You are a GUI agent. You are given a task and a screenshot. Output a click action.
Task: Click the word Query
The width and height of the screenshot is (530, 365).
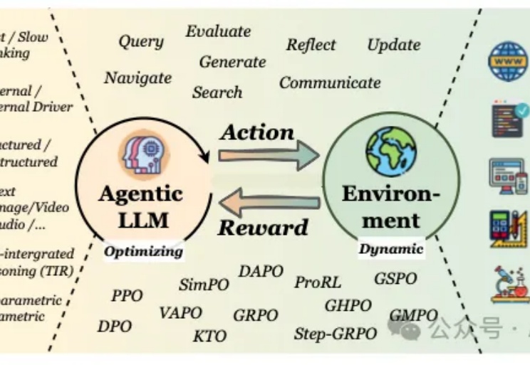tap(141, 42)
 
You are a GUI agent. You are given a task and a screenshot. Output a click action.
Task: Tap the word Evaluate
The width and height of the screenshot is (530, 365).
tap(218, 31)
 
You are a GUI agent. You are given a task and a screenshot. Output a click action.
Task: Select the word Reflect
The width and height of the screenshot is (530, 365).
tap(311, 45)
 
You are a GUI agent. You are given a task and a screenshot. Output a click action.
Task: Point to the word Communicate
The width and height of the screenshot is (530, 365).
tap(330, 83)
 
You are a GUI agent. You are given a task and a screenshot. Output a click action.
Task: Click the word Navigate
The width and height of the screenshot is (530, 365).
tap(137, 78)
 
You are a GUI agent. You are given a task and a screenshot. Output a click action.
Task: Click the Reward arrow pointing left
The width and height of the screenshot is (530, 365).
tap(269, 205)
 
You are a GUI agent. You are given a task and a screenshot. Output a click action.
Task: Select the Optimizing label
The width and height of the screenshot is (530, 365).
tap(143, 251)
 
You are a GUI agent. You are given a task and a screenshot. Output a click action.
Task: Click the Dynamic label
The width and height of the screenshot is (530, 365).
tap(390, 249)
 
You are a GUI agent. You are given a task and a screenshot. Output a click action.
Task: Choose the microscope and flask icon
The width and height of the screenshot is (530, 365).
tap(509, 284)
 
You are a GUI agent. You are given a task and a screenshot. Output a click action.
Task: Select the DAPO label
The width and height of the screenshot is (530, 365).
tap(260, 272)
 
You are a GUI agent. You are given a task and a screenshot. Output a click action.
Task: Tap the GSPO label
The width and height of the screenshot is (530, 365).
tap(395, 278)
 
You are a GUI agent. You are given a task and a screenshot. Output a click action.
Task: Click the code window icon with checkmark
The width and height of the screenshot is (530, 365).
tap(509, 119)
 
